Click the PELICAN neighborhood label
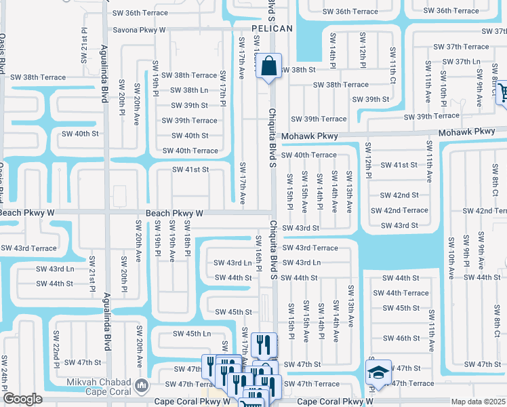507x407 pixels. coord(272,28)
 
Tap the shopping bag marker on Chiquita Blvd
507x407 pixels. coord(269,67)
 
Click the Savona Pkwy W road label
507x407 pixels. coord(131,31)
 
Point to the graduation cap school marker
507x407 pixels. coord(378,372)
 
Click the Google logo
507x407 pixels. coord(22,399)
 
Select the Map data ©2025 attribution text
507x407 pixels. coord(479,402)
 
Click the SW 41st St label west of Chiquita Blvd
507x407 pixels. coord(190,170)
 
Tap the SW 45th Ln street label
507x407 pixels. coord(192,334)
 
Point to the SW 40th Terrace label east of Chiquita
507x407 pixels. coord(308,155)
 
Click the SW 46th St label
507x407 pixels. coord(401,338)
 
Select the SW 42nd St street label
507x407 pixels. coord(399,195)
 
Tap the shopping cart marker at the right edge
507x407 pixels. coord(502,92)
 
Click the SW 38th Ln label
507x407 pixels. coord(189,90)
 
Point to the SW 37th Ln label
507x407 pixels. coord(468,62)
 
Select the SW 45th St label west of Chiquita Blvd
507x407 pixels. coord(234,312)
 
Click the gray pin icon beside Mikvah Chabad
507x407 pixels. coord(142,386)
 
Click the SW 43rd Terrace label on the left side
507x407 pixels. coord(28,248)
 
